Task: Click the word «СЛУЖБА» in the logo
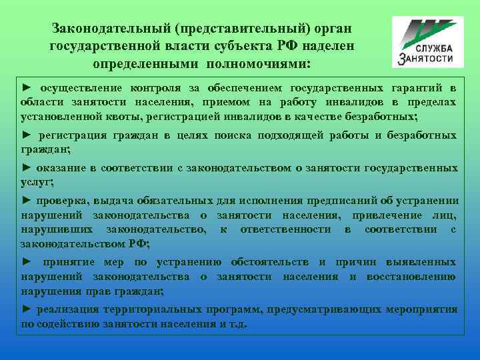click(435, 49)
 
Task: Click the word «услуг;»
click(37, 181)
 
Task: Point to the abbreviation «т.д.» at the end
click(237, 324)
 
